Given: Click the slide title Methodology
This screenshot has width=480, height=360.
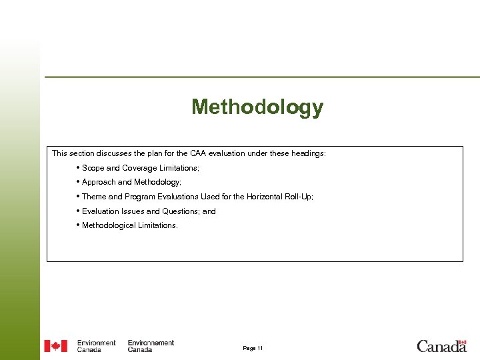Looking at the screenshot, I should [x=257, y=107].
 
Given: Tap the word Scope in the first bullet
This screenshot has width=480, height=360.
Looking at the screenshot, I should [x=93, y=169].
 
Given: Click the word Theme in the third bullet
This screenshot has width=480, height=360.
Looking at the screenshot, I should [x=94, y=197].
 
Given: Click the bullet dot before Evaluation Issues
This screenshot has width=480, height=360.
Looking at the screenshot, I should [x=78, y=211].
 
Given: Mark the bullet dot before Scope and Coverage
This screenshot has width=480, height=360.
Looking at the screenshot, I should [x=78, y=168].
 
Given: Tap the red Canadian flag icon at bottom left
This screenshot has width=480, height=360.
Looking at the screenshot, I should [x=55, y=346].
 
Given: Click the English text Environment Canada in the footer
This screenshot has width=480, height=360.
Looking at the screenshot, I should [x=96, y=346].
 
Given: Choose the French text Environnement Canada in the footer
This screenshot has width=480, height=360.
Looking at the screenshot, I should [x=151, y=346].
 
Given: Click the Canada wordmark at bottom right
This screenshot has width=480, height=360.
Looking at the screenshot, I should [x=441, y=345].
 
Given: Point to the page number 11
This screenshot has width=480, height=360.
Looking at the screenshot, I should [x=253, y=349].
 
